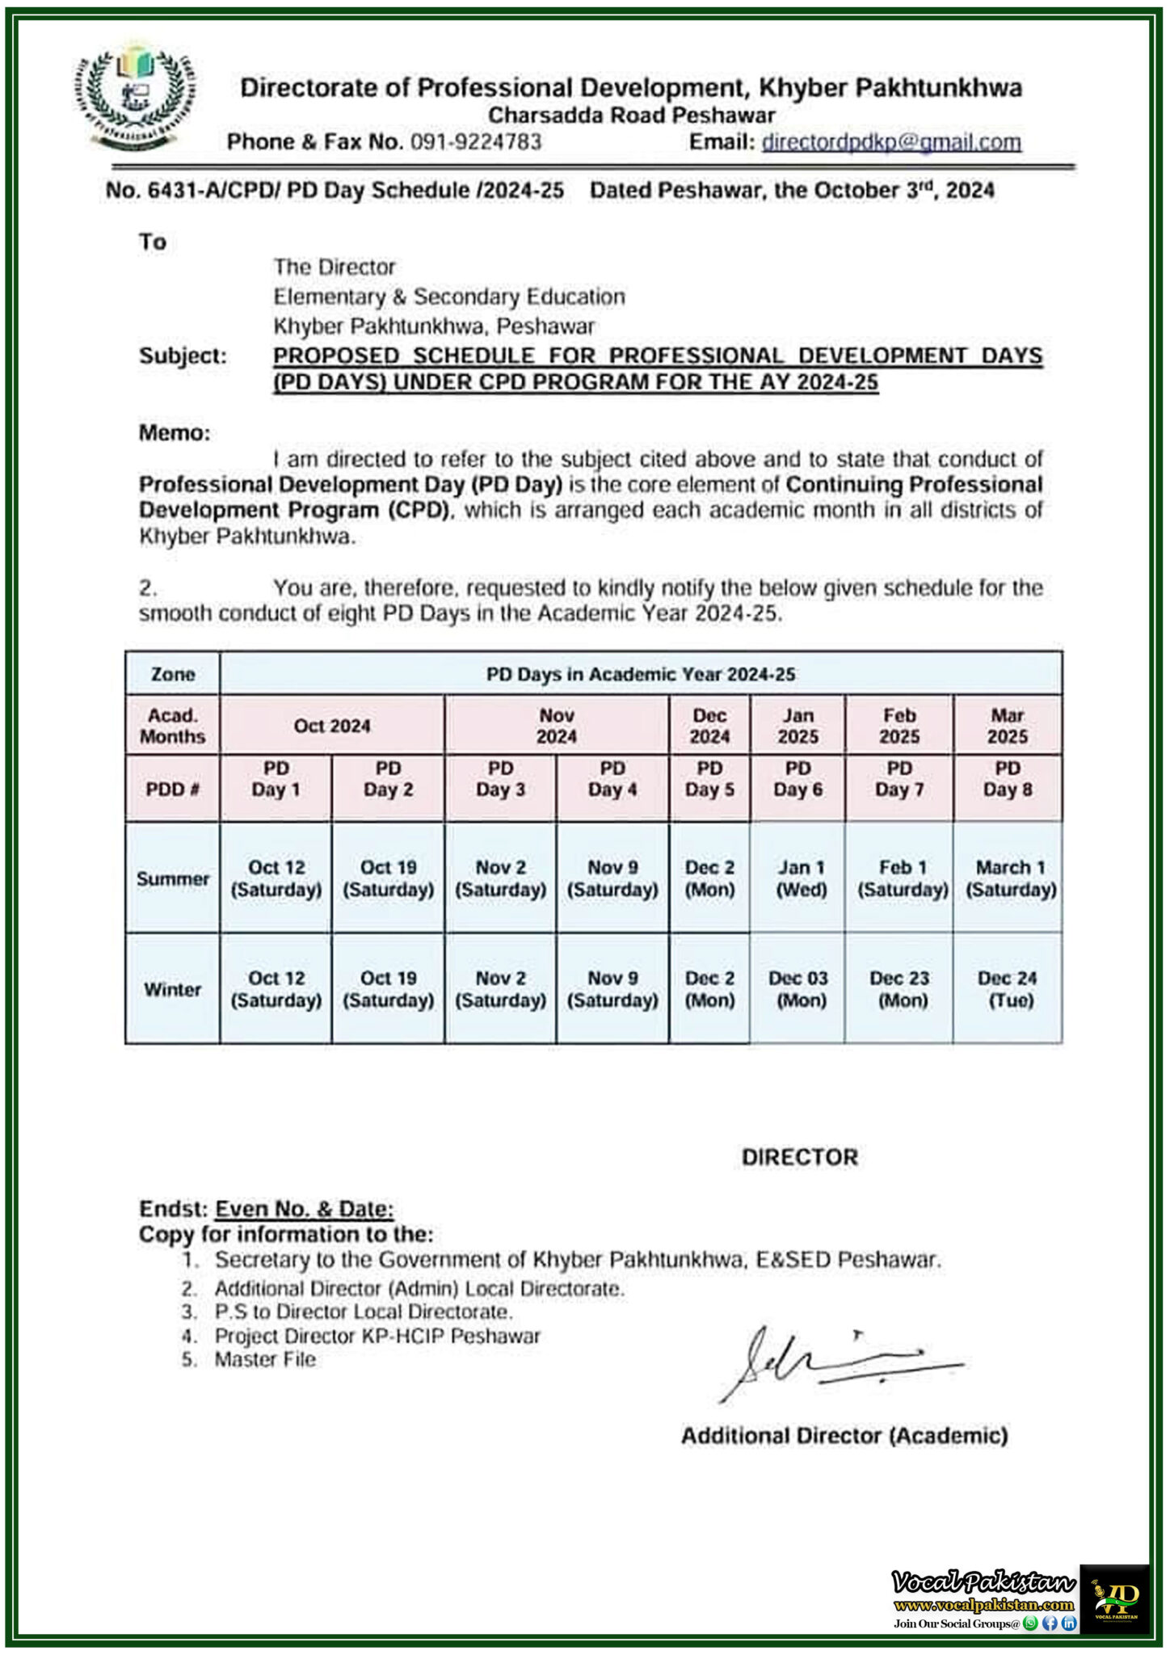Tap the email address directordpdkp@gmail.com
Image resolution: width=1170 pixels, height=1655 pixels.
[x=891, y=142]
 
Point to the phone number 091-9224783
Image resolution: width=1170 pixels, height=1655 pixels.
[x=476, y=142]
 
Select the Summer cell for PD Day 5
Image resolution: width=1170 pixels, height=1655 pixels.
[x=709, y=878]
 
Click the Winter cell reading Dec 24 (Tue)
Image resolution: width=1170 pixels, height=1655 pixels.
[x=1007, y=989]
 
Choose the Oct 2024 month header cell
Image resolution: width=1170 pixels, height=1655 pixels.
[x=332, y=726]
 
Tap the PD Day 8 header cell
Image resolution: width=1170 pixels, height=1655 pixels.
[x=1007, y=779]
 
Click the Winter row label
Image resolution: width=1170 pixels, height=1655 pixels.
[x=172, y=989]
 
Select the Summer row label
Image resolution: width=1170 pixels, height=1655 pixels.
[x=172, y=878]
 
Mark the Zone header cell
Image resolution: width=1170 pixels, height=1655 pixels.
[x=172, y=674]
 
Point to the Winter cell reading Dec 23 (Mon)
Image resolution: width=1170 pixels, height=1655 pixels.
[x=899, y=989]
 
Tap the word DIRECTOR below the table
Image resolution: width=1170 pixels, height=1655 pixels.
[x=799, y=1157]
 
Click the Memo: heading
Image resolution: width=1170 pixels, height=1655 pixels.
[x=175, y=433]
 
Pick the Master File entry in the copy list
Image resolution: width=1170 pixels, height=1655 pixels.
[x=265, y=1359]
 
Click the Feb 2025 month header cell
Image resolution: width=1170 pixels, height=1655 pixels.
[x=899, y=726]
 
